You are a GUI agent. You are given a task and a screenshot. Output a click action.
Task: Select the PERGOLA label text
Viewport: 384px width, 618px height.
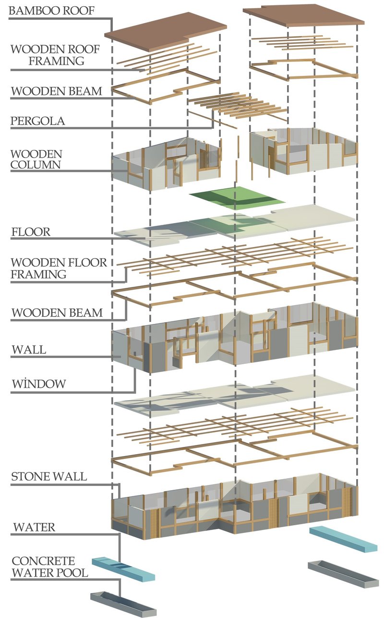tap(37, 121)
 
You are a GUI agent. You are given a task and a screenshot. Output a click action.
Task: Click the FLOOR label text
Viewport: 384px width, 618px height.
tap(31, 232)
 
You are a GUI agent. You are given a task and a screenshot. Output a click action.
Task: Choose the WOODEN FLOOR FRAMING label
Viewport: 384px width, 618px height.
tap(59, 269)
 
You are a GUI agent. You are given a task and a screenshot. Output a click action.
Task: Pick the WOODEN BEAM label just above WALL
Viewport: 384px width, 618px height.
tap(57, 313)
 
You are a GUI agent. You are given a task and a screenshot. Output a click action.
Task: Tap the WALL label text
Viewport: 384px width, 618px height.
tap(29, 349)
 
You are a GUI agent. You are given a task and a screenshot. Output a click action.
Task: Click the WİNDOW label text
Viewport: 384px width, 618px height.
tap(38, 384)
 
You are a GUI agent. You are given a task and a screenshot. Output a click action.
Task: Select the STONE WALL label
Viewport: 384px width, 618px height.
tap(49, 477)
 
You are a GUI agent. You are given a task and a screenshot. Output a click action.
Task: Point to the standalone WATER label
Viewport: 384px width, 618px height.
tap(34, 527)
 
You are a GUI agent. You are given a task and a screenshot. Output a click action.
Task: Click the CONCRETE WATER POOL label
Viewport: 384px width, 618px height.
tap(50, 567)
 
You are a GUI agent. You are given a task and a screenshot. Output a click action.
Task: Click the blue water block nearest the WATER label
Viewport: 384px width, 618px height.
tap(123, 569)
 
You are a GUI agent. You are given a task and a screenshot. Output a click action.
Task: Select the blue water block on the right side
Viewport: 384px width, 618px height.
tap(343, 539)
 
